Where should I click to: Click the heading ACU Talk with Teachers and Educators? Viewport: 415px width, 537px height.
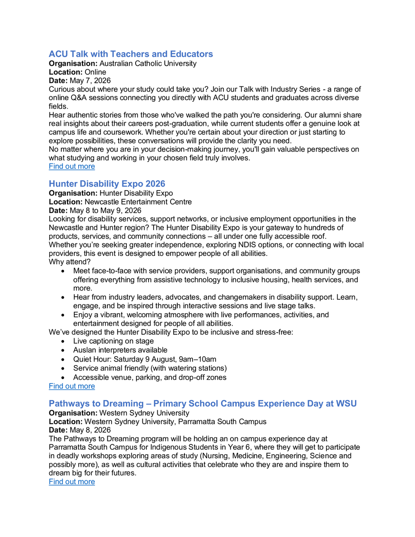(131, 54)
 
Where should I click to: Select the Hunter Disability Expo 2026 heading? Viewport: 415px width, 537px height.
(107, 184)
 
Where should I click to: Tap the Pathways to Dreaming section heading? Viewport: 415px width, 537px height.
(203, 404)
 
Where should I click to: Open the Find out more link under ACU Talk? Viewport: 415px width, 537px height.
(72, 166)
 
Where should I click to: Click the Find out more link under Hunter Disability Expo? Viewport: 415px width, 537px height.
(72, 386)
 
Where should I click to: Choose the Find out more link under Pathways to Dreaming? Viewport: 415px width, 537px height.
(72, 482)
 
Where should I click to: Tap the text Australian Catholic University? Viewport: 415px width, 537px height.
(148, 64)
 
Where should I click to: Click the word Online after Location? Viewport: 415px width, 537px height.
(96, 72)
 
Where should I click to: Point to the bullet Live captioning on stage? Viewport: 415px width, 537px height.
(113, 341)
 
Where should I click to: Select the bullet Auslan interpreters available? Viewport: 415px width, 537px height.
(120, 350)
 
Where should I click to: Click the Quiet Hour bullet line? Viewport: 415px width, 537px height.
(145, 359)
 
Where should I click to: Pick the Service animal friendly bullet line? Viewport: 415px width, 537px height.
(150, 368)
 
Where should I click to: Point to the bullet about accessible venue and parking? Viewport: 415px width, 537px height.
(150, 377)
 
